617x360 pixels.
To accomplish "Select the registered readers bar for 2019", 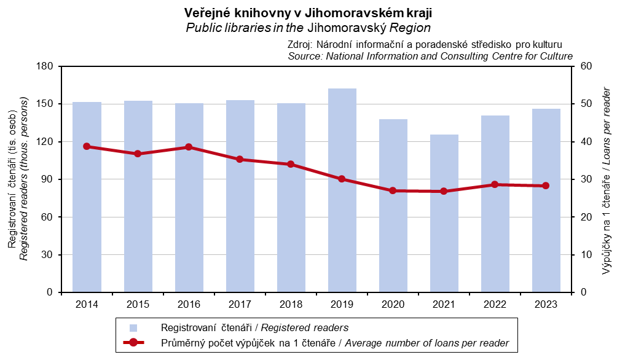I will tap(342, 190).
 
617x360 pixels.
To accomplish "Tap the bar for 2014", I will tap(87, 197).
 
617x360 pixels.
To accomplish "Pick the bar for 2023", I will tap(546, 200).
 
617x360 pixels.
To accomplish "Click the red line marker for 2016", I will tap(189, 147).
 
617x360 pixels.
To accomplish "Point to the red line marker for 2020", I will tap(393, 190).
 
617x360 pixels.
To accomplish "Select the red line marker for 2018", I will tap(291, 164).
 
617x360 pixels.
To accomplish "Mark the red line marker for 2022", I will tap(495, 184).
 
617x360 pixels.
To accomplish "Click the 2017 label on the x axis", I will tap(240, 305).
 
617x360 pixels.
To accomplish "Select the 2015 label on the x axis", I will tap(138, 305).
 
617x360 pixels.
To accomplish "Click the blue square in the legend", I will tap(133, 327).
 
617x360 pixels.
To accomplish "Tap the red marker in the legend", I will tap(133, 343).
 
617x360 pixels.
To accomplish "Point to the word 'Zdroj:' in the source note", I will tap(301, 45).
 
